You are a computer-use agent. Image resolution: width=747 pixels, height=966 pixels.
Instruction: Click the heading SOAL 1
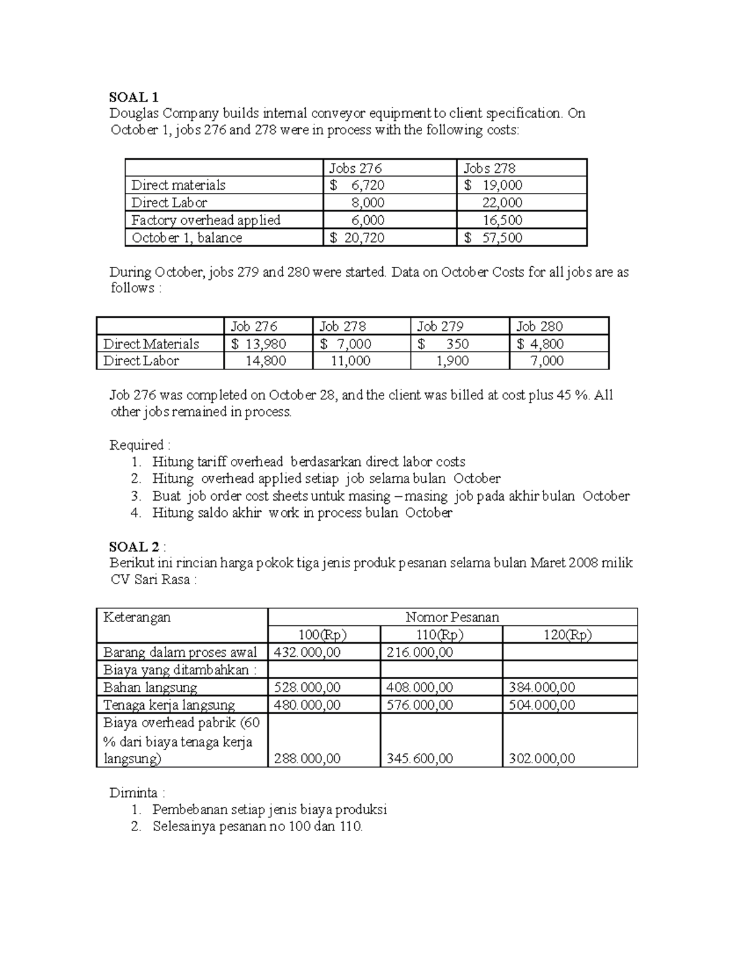click(x=134, y=97)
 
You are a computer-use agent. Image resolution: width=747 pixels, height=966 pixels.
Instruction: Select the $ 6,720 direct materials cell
click(x=357, y=185)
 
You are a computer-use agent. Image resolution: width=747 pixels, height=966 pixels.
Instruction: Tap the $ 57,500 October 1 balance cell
click(x=493, y=238)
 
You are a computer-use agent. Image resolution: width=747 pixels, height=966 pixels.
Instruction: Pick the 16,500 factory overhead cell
click(x=502, y=220)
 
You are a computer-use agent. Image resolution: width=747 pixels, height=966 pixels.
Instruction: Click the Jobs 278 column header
click(x=489, y=168)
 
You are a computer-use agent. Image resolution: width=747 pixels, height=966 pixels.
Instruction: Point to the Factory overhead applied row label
click(x=205, y=220)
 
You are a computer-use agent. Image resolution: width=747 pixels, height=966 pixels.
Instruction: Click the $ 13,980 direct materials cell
click(x=259, y=344)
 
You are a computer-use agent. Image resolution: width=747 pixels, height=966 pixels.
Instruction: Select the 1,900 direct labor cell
click(x=453, y=361)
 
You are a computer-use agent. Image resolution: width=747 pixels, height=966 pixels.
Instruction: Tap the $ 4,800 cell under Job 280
click(x=540, y=344)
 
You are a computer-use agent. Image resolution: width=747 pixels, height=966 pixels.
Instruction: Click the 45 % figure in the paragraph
click(x=573, y=395)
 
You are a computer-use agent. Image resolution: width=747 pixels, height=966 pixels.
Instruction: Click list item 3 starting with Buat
click(x=390, y=496)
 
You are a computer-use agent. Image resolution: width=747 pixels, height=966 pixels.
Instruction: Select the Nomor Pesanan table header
click(x=452, y=617)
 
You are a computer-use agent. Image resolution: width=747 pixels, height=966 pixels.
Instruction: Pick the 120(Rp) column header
click(x=568, y=634)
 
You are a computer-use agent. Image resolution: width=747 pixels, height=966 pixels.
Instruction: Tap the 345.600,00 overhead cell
click(x=420, y=758)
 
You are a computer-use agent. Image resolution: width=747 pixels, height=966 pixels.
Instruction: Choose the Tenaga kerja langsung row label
click(x=169, y=705)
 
